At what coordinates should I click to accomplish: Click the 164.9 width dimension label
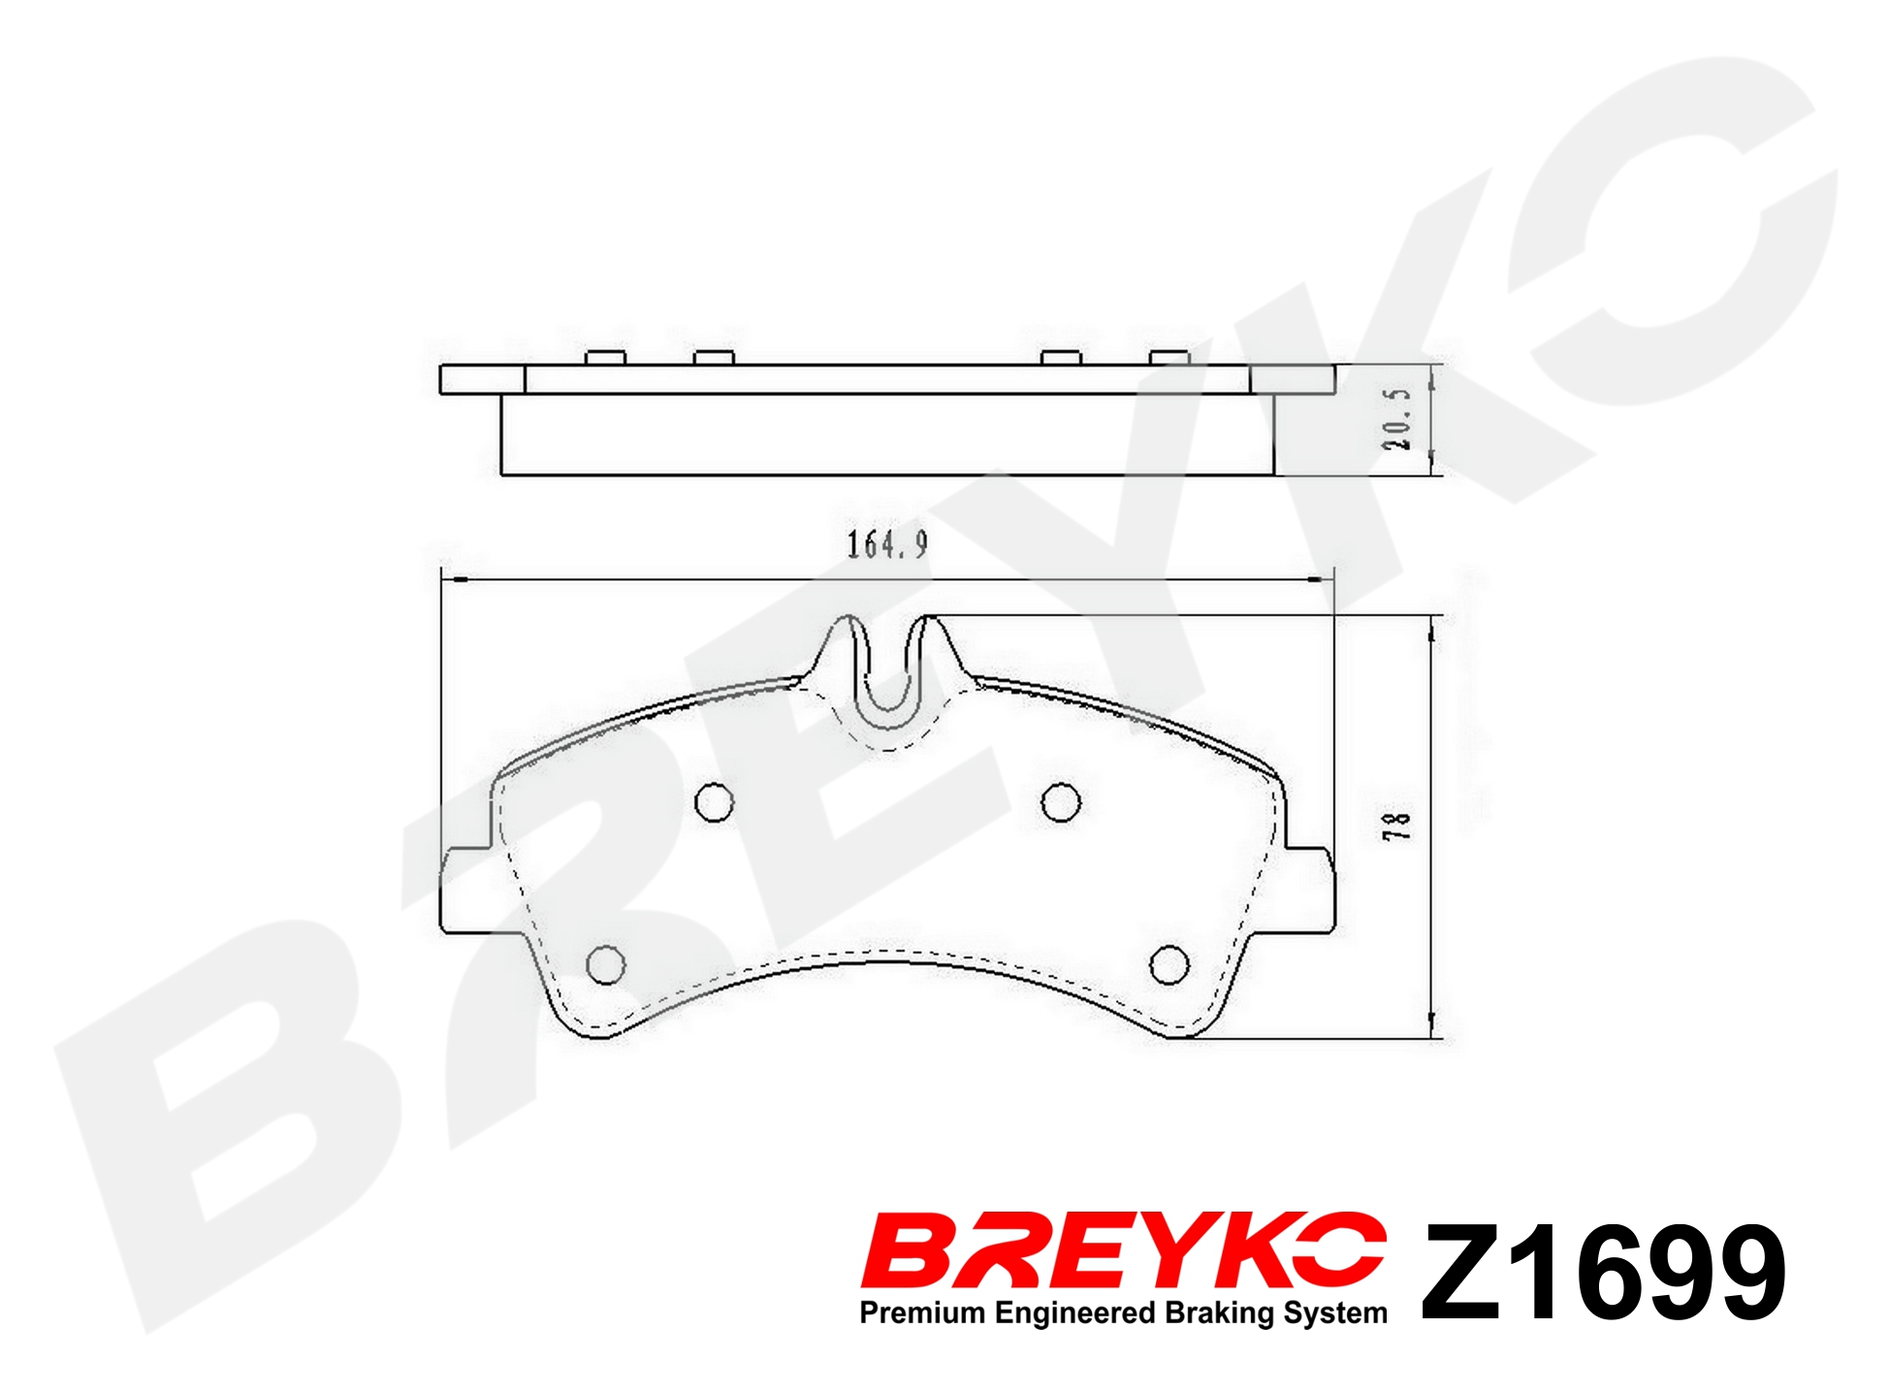pyautogui.click(x=887, y=544)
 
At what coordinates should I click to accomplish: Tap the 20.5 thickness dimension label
pyautogui.click(x=1397, y=419)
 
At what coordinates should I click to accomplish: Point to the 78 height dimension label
pyautogui.click(x=1397, y=825)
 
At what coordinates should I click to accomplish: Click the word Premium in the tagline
pyautogui.click(x=922, y=1312)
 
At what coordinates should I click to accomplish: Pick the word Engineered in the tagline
pyautogui.click(x=1075, y=1313)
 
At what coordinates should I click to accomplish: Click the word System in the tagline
pyautogui.click(x=1335, y=1313)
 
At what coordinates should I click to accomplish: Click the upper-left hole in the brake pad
pyautogui.click(x=715, y=802)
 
